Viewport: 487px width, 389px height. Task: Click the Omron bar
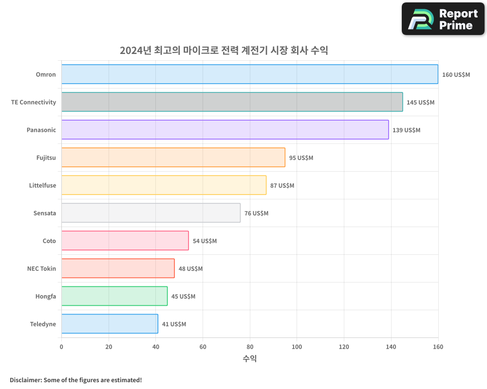[249, 74]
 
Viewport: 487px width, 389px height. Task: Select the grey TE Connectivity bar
[232, 102]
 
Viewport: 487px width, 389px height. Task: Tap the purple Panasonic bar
[225, 130]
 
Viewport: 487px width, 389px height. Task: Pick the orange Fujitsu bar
[173, 158]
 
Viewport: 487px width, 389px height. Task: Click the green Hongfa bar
[114, 296]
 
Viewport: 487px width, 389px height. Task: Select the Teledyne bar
[110, 324]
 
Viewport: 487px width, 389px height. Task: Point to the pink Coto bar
[125, 241]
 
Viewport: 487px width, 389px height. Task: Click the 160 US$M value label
[456, 75]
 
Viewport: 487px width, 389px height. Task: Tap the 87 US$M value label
[282, 186]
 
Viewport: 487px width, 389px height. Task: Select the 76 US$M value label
[256, 213]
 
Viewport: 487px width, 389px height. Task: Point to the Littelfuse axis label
[42, 185]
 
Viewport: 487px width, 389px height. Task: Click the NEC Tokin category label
[41, 268]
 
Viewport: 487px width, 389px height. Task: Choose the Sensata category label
[45, 213]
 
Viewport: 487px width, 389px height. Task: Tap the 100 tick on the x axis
[297, 347]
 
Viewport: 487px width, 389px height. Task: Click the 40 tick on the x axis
[155, 347]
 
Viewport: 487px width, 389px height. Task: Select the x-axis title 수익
[249, 359]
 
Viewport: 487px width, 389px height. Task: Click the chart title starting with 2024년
[224, 50]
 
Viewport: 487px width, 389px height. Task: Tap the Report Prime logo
[443, 19]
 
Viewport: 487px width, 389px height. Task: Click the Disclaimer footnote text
[76, 380]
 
